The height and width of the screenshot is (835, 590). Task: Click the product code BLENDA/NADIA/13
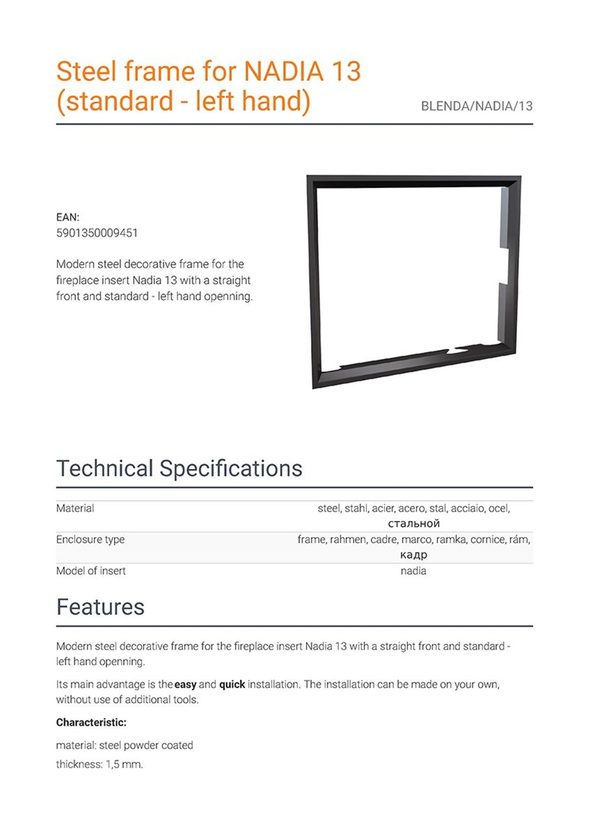476,106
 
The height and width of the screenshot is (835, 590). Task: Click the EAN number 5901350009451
97,233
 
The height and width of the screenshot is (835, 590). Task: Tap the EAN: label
67,217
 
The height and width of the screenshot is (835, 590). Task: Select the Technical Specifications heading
179,469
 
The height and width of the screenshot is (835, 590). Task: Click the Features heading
100,607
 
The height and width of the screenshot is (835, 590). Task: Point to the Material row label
75,508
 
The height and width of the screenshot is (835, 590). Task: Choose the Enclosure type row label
90,539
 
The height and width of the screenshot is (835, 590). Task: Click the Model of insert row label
91,571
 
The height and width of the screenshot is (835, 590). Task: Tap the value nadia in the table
413,571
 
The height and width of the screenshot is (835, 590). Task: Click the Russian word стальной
414,523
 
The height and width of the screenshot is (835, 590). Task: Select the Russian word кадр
413,555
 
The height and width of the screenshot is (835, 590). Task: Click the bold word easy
185,685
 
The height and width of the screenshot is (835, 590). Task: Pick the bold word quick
232,685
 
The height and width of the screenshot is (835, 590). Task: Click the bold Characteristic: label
91,722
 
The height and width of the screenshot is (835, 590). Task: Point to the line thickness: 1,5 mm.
99,764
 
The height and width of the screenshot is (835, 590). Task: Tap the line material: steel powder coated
124,745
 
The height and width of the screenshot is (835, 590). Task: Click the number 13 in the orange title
346,72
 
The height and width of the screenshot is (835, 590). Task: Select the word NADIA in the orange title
284,72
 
